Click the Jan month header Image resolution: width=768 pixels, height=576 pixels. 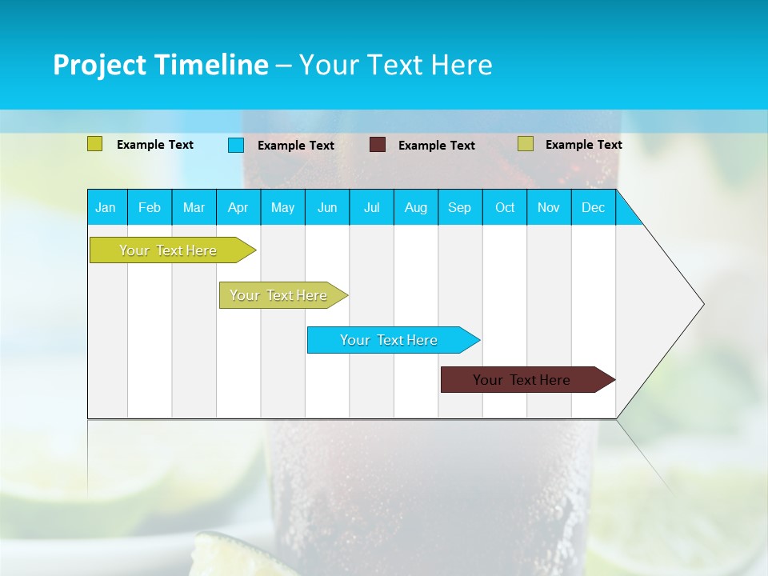tap(106, 207)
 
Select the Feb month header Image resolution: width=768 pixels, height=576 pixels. tap(150, 207)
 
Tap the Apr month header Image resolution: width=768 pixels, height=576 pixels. tap(238, 207)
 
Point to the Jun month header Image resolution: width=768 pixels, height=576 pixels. tap(327, 207)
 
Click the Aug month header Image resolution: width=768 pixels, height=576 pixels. tap(415, 207)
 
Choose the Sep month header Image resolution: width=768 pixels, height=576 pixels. tap(459, 207)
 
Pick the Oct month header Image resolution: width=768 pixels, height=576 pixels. tap(505, 207)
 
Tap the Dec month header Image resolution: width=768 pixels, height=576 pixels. tap(593, 207)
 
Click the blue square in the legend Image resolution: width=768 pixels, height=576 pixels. tap(235, 145)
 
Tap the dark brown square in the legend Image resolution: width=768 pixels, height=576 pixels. tap(378, 145)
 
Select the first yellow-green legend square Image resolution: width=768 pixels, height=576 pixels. tap(94, 144)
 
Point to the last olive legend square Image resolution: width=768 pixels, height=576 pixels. tap(525, 144)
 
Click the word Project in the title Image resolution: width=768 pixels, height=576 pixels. tap(98, 66)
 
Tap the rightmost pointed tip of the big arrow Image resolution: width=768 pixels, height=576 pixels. tap(702, 303)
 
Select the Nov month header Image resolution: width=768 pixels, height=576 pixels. tap(549, 207)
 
